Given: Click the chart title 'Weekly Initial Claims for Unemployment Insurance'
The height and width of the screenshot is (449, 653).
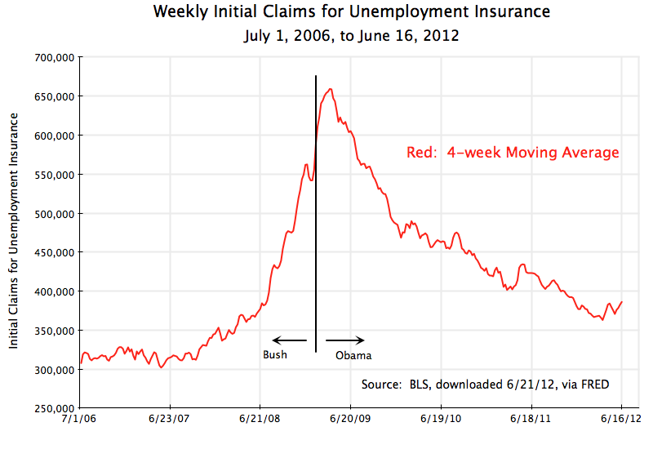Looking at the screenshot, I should point(351,12).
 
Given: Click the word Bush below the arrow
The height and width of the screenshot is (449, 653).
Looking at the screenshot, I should point(275,355).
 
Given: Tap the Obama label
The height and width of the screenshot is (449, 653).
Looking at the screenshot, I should point(353,355).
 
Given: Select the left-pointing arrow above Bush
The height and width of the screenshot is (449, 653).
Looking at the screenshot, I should point(289,340).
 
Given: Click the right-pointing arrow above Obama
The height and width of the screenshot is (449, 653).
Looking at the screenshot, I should point(344,340).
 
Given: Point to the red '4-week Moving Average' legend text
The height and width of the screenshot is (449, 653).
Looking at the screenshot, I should point(513,153).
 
